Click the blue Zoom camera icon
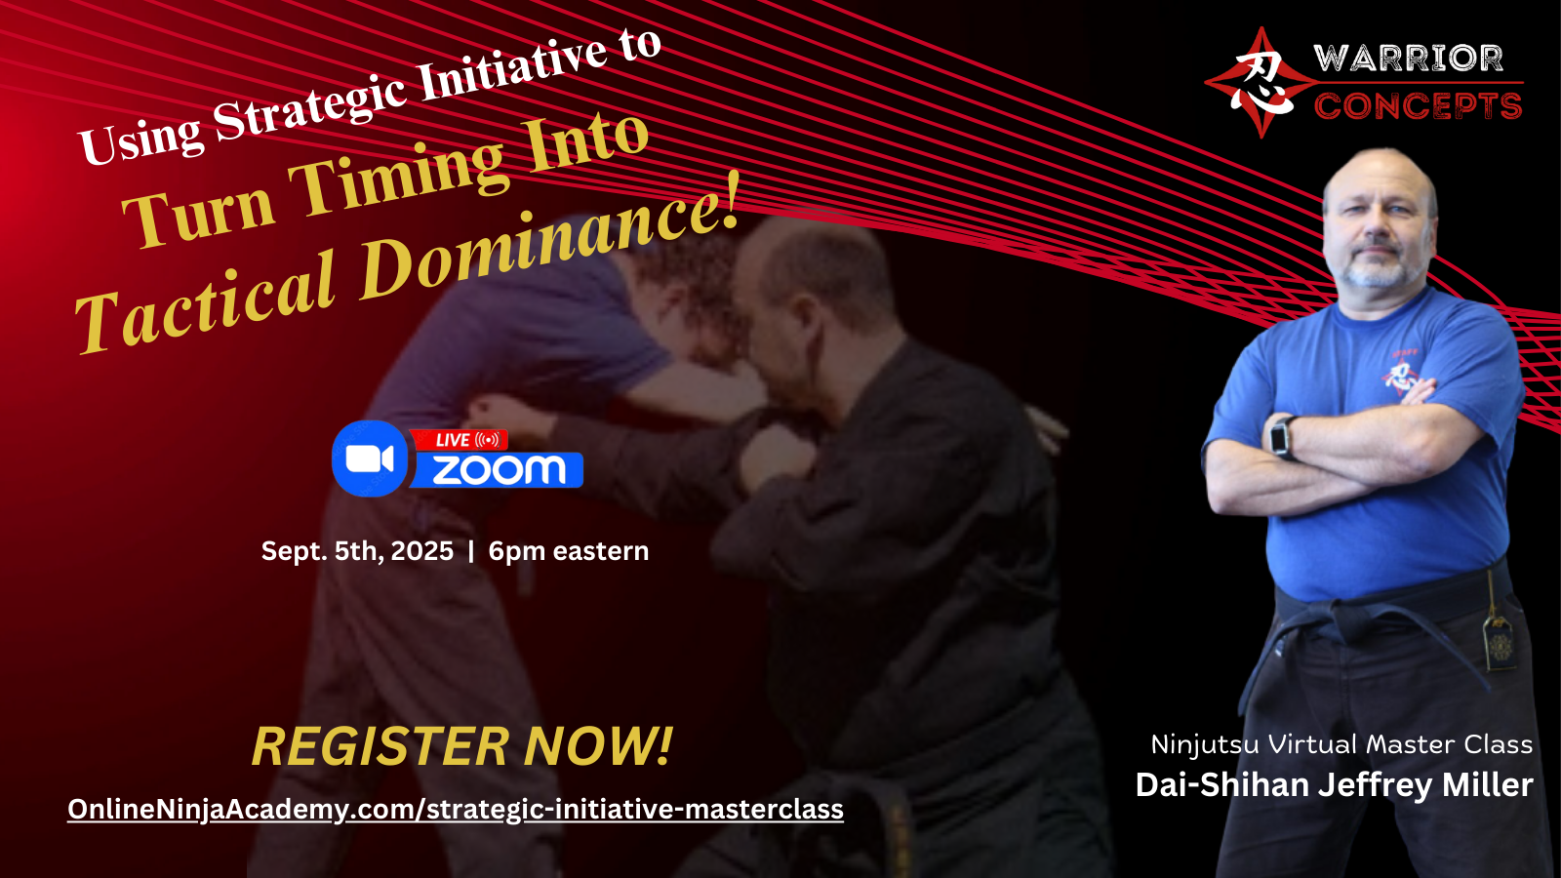click(x=370, y=459)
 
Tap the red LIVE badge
click(x=460, y=440)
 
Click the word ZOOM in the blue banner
click(x=499, y=470)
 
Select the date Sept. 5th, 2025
click(x=357, y=551)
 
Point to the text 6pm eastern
click(x=569, y=551)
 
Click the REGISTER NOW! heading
click(x=462, y=746)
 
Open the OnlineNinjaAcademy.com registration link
click(x=456, y=810)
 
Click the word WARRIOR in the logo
click(x=1408, y=59)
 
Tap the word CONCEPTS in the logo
click(x=1418, y=106)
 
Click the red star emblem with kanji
click(x=1261, y=83)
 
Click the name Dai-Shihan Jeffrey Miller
click(x=1335, y=784)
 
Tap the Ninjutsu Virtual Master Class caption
click(x=1341, y=744)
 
